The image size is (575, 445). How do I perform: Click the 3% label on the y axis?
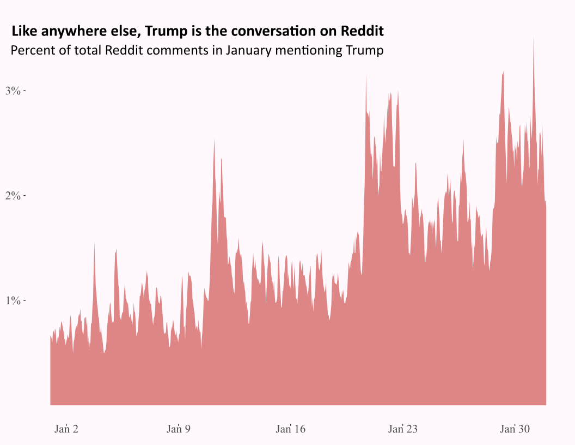[x=13, y=91]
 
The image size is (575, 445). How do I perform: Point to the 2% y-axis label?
[x=13, y=196]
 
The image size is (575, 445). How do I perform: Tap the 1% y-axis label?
[x=13, y=300]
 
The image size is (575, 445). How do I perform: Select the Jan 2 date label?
[x=66, y=429]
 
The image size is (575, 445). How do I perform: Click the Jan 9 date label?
[x=179, y=429]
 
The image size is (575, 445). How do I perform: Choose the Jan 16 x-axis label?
[x=290, y=429]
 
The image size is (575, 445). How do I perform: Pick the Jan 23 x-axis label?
[x=402, y=429]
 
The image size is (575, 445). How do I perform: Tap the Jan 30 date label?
[x=515, y=429]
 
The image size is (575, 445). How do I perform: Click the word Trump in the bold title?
[x=166, y=32]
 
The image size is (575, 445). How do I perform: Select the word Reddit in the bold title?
[x=362, y=31]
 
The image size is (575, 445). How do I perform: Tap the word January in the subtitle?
[x=248, y=51]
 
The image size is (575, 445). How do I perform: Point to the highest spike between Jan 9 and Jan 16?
[x=214, y=140]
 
